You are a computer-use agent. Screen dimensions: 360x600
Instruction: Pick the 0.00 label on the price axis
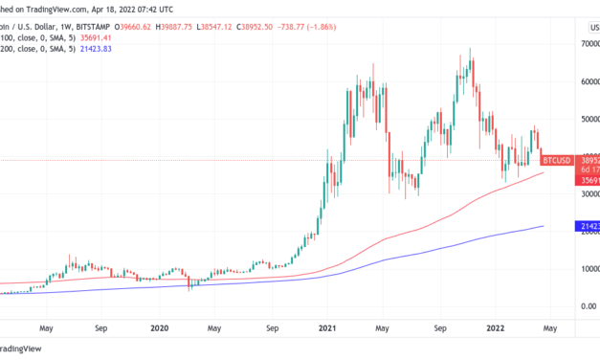[583, 306]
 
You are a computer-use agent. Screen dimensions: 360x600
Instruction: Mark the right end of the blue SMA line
[544, 226]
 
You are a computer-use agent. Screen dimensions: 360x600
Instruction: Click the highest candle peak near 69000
[470, 49]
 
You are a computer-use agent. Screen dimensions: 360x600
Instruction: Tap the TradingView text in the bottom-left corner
[34, 349]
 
